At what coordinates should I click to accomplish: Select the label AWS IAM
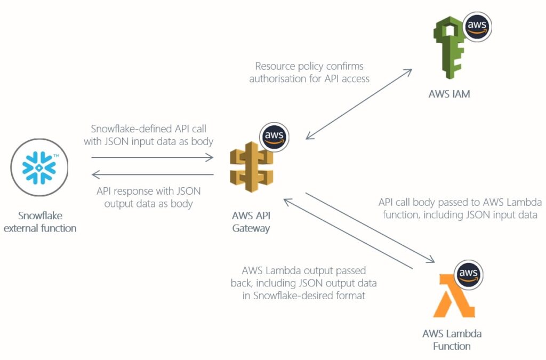click(x=449, y=94)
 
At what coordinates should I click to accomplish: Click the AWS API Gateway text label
click(x=251, y=222)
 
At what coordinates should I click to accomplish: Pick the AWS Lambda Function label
click(x=452, y=340)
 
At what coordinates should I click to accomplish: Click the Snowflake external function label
click(x=47, y=222)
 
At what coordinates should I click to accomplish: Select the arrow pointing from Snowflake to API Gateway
click(x=152, y=157)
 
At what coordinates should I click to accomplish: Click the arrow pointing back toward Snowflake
click(x=152, y=174)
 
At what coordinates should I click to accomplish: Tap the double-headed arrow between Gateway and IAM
click(x=359, y=104)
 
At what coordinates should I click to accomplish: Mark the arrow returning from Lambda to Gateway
click(x=349, y=233)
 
